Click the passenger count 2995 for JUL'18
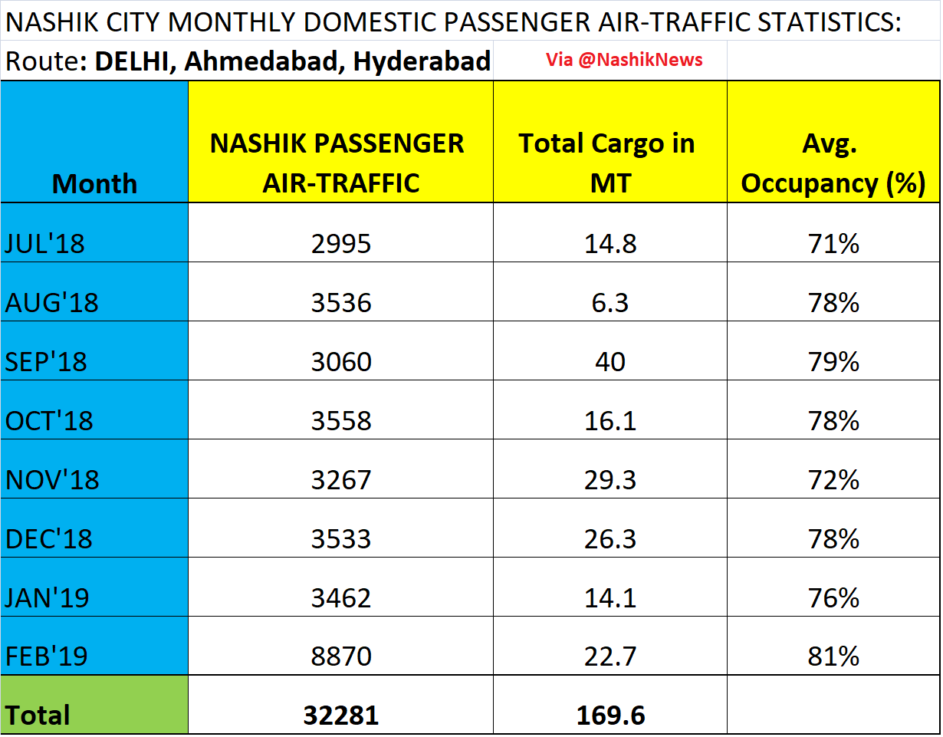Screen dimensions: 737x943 341,244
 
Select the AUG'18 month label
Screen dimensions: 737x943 52,303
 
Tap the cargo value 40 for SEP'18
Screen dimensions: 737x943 610,362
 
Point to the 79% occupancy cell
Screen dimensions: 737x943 833,362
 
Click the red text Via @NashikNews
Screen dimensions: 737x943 624,60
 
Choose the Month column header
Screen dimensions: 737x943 94,184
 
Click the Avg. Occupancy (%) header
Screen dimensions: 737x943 833,163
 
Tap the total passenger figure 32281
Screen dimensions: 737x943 341,716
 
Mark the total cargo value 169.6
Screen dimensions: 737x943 610,716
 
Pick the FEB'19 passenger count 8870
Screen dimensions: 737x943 341,656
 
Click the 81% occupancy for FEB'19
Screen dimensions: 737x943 833,656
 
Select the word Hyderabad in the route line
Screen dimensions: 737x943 421,61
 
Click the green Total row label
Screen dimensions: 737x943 38,716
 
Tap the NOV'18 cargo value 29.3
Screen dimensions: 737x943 610,480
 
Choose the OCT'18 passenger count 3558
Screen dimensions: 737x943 341,421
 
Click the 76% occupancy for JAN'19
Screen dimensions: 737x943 833,597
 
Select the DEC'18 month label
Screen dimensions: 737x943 49,539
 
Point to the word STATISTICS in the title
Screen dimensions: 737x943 823,22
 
